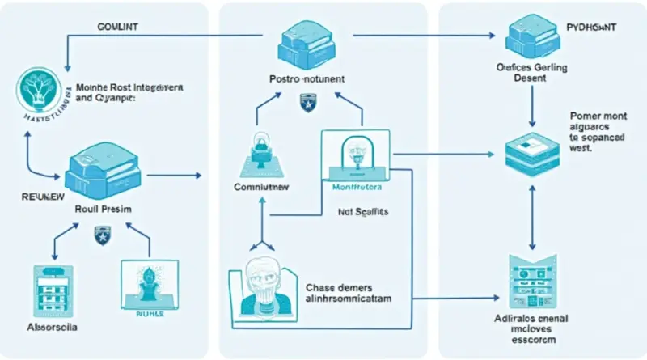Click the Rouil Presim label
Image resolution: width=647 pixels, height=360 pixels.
tap(103, 209)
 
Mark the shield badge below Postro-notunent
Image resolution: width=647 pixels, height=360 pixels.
tap(306, 103)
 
